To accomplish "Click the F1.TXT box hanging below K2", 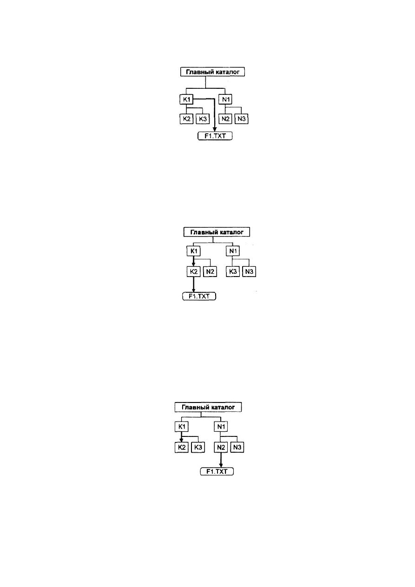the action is [199, 296].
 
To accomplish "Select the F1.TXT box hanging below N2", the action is [217, 471].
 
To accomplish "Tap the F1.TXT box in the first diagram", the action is [215, 136].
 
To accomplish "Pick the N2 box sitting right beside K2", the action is [210, 271].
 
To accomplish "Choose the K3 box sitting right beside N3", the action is [233, 271].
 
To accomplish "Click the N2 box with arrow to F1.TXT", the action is [221, 447].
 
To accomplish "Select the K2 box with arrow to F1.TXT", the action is [194, 271].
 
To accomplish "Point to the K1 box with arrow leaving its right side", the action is [186, 99].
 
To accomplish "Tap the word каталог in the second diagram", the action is [231, 232].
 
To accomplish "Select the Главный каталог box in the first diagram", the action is [212, 72].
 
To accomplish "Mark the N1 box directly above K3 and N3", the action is [233, 251].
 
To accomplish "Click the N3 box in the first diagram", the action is [241, 119].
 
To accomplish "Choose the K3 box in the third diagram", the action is [198, 447].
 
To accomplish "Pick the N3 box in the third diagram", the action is [237, 447].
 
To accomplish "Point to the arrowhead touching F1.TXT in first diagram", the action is [215, 130].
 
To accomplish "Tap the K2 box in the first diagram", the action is [186, 119].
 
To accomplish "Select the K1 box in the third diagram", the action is [182, 427].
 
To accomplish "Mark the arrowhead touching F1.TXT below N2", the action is [221, 465].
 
